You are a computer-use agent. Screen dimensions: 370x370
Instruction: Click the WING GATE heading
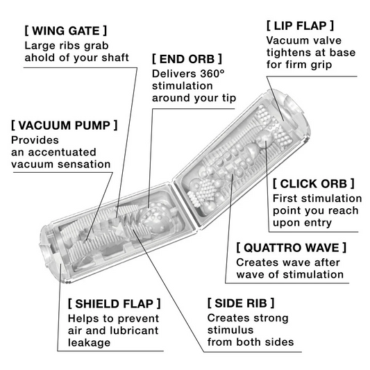tap(65, 31)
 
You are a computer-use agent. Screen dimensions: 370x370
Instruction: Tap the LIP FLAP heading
tap(300, 25)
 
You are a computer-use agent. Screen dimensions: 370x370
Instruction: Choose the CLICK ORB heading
tap(313, 183)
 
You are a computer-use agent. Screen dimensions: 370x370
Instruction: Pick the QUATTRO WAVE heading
tap(291, 247)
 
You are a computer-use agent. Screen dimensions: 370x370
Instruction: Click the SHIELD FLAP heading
tap(115, 303)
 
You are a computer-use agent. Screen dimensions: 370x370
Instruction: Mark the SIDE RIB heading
tap(241, 303)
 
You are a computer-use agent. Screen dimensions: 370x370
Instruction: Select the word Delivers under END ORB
tap(174, 73)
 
